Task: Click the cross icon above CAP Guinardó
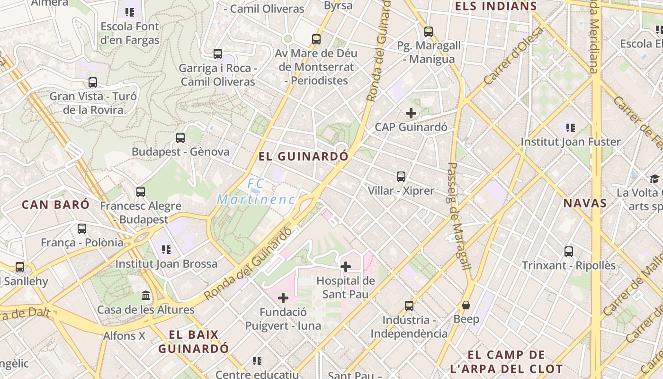[x=411, y=113]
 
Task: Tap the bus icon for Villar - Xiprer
[x=401, y=177]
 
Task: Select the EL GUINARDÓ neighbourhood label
[x=304, y=156]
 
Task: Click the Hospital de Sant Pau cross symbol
[x=346, y=267]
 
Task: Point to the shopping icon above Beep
[x=466, y=306]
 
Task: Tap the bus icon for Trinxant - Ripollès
[x=569, y=252]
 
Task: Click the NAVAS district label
[x=585, y=203]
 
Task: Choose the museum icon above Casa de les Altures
[x=146, y=296]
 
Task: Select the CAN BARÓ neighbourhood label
[x=55, y=205]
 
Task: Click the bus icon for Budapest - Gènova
[x=180, y=138]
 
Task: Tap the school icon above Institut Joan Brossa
[x=166, y=249]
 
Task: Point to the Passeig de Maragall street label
[x=458, y=217]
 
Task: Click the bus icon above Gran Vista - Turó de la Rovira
[x=93, y=82]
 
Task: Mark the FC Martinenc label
[x=256, y=191]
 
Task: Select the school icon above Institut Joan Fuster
[x=571, y=127]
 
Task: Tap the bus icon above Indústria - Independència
[x=409, y=306]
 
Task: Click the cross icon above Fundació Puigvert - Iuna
[x=283, y=298]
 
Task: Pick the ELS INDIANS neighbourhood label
[x=496, y=6]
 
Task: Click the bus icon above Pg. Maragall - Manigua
[x=429, y=32]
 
